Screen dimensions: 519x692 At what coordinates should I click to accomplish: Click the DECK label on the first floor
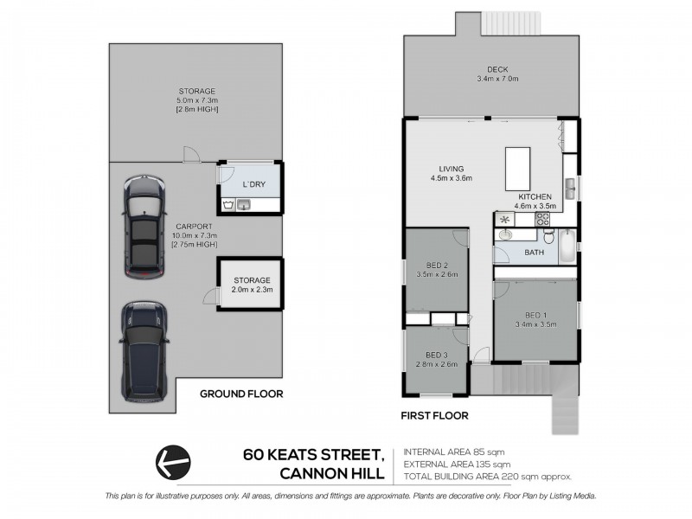point(496,71)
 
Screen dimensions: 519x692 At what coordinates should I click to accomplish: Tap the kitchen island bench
point(517,167)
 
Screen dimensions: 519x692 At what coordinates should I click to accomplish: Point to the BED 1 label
point(535,315)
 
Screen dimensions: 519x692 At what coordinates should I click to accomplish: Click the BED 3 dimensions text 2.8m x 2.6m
point(436,364)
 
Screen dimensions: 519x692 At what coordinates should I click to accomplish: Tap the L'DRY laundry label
point(253,185)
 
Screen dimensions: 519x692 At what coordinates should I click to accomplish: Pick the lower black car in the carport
point(142,350)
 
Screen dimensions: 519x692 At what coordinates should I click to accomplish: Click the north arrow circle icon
point(171,460)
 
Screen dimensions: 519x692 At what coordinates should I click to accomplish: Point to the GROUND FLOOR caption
point(241,394)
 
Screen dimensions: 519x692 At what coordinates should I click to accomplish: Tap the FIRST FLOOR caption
point(435,416)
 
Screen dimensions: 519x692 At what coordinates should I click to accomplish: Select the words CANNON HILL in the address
point(332,472)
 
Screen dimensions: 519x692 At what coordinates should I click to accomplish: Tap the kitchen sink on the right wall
point(571,186)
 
